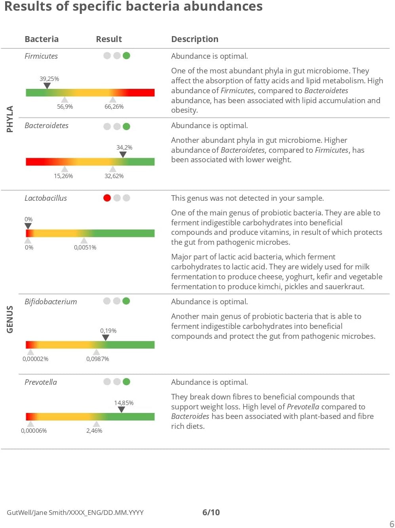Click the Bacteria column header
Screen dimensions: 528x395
pyautogui.click(x=42, y=39)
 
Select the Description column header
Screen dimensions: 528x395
pyautogui.click(x=195, y=39)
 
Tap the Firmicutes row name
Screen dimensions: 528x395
pyautogui.click(x=41, y=56)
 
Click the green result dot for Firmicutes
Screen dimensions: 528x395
pyautogui.click(x=126, y=56)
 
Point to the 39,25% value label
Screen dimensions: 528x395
pyautogui.click(x=49, y=79)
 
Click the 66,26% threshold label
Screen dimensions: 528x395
pyautogui.click(x=114, y=107)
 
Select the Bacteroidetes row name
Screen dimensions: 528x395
pyautogui.click(x=46, y=125)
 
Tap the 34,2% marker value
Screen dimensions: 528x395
pyautogui.click(x=124, y=147)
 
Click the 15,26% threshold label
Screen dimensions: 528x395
pyautogui.click(x=63, y=176)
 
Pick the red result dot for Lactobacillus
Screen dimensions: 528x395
pyautogui.click(x=107, y=198)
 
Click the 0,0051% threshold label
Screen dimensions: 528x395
pyautogui.click(x=85, y=248)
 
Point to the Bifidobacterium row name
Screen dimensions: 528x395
pyautogui.click(x=51, y=301)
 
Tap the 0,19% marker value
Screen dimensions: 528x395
pyautogui.click(x=108, y=330)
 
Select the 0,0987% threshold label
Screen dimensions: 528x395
pyautogui.click(x=97, y=359)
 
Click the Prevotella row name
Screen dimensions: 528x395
pyautogui.click(x=41, y=382)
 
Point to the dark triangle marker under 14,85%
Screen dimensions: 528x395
pyautogui.click(x=122, y=409)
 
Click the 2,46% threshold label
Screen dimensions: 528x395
pyautogui.click(x=94, y=431)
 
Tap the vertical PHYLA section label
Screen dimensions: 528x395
pyautogui.click(x=10, y=119)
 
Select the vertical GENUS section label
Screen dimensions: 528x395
pyautogui.click(x=10, y=319)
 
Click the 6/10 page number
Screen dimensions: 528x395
pyautogui.click(x=211, y=512)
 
